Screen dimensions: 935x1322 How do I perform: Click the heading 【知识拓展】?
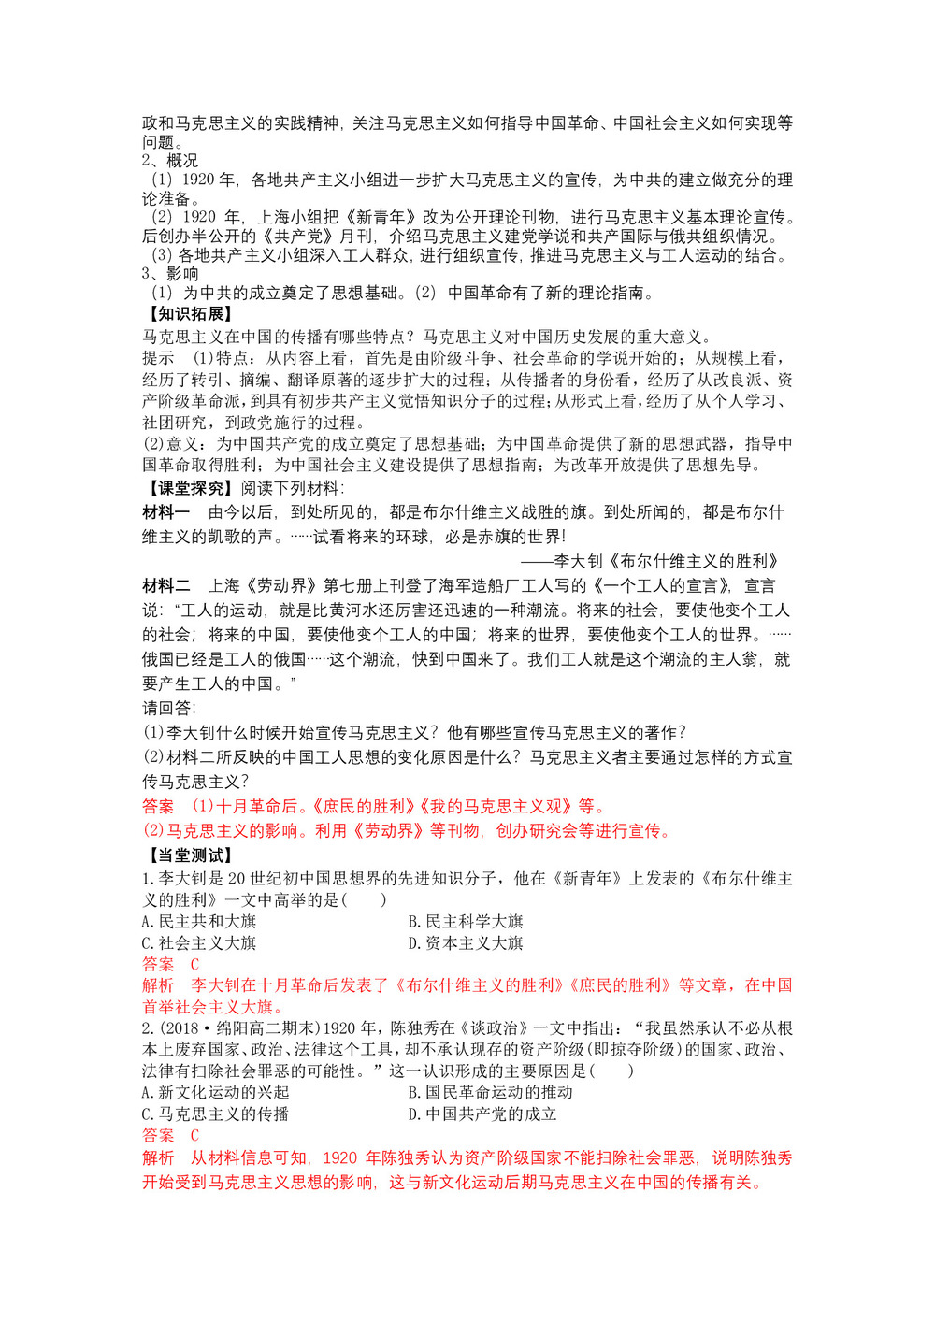click(187, 314)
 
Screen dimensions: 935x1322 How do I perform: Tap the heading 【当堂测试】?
click(187, 855)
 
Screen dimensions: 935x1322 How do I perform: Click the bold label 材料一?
click(166, 512)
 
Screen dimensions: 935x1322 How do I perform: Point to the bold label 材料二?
click(166, 586)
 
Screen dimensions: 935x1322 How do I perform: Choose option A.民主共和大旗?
click(199, 922)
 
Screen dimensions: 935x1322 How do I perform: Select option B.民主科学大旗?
click(466, 922)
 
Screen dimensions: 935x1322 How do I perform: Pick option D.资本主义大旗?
click(466, 943)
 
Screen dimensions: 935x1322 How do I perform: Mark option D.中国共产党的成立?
click(482, 1114)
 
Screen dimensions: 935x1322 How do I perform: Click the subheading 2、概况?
click(170, 161)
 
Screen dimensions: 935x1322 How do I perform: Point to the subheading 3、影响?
click(170, 274)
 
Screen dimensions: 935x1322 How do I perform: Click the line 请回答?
click(169, 709)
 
